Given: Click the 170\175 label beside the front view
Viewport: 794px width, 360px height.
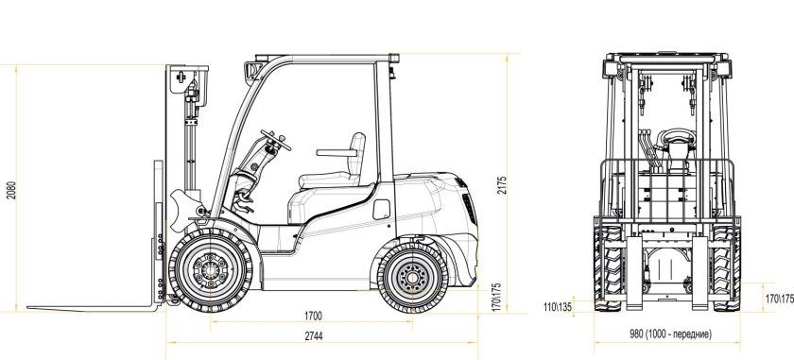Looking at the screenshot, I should pos(779,299).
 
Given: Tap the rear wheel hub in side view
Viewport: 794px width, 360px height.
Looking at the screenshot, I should pos(411,277).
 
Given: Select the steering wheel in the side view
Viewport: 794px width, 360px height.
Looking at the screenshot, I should pos(276,144).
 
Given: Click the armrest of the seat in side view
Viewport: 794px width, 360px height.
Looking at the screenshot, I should pos(333,152).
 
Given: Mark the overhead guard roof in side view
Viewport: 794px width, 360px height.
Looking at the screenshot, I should pos(321,59).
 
